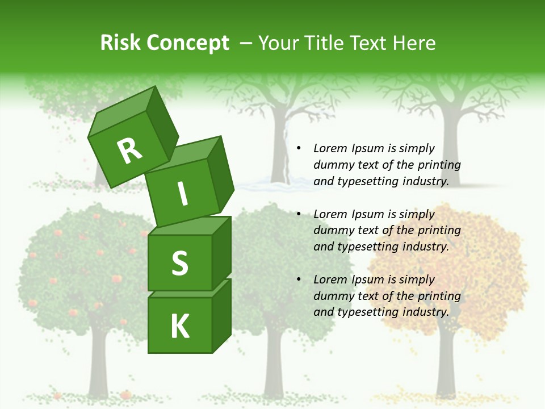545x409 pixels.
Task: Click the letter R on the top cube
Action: pyautogui.click(x=130, y=151)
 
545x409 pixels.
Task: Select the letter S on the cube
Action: pyautogui.click(x=179, y=263)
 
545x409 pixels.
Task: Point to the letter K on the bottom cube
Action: pyautogui.click(x=179, y=327)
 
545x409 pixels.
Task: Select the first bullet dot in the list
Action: pyautogui.click(x=299, y=149)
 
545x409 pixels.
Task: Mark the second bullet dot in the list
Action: pyautogui.click(x=299, y=215)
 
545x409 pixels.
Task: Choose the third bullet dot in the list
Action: pyautogui.click(x=299, y=280)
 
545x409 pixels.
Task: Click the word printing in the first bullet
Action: pyautogui.click(x=439, y=165)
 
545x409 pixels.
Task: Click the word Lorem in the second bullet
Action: pyautogui.click(x=330, y=214)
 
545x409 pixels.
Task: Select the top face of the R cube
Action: pyautogui.click(x=121, y=111)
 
